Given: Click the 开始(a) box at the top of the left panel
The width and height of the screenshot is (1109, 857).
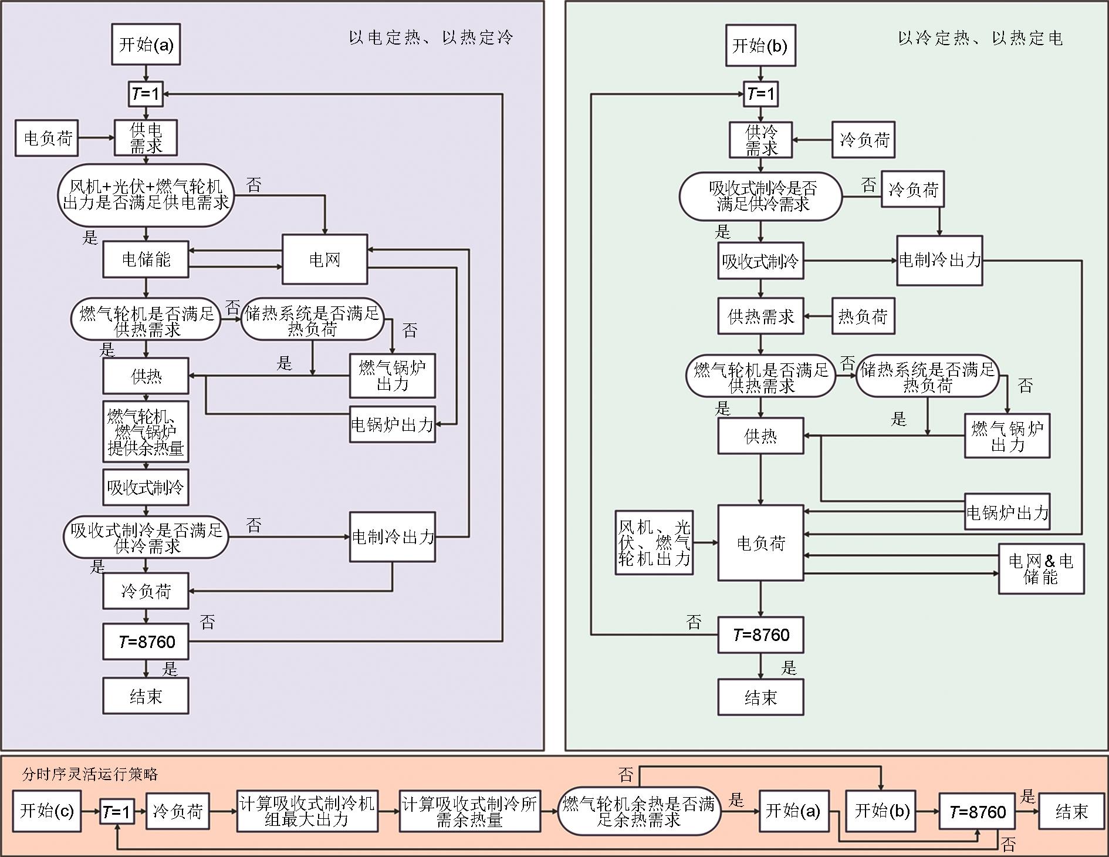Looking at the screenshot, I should click(x=146, y=45).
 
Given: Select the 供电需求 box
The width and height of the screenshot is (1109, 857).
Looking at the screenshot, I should click(x=146, y=138).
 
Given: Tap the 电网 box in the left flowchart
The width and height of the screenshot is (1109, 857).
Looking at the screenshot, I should click(x=324, y=259).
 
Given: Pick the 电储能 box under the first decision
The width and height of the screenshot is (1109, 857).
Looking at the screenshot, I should click(x=146, y=259).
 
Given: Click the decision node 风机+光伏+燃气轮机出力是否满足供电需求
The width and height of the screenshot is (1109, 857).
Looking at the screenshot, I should click(x=146, y=195).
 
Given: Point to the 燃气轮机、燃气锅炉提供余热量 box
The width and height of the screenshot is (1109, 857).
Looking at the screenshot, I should click(x=146, y=432).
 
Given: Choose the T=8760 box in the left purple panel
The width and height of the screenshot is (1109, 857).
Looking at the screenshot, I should click(x=146, y=642).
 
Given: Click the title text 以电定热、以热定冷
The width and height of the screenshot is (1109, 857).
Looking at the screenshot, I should click(x=431, y=38).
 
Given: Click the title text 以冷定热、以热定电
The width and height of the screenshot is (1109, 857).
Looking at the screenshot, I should click(x=980, y=38).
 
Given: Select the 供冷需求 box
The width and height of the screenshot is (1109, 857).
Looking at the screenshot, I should click(x=760, y=140).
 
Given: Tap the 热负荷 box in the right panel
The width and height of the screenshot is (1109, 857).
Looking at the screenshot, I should click(x=863, y=317).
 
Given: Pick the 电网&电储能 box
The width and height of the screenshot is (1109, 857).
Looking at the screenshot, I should click(x=1041, y=569).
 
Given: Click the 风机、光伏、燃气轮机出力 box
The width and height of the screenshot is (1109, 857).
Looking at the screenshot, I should click(x=654, y=543).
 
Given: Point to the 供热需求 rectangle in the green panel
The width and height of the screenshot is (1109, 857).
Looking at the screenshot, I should click(x=760, y=317).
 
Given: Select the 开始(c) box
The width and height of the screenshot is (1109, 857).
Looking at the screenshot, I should click(x=46, y=811).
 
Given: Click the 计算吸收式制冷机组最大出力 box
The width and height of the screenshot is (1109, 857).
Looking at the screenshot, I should click(x=307, y=811).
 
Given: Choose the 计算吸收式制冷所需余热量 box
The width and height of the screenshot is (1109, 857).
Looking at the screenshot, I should click(x=469, y=811).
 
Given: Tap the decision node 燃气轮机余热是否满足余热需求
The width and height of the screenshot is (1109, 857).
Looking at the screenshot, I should click(x=638, y=811).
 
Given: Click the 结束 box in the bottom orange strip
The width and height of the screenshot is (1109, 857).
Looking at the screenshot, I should click(x=1071, y=811).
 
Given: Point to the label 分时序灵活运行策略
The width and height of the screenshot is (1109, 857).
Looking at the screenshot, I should click(x=90, y=774).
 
